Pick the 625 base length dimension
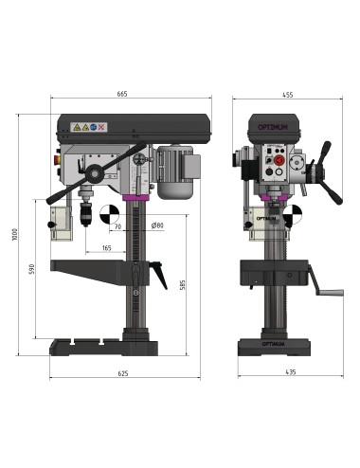coord(122,374)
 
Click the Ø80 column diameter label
coord(157,225)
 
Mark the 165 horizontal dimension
coord(106,247)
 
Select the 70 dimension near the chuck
coord(117,228)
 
